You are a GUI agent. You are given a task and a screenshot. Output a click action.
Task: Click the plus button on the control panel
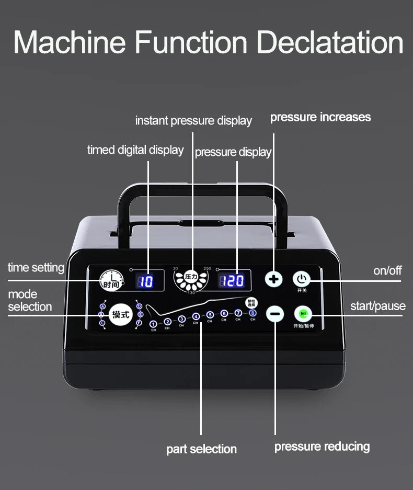point(273,279)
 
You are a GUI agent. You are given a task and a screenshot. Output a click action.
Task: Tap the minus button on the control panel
point(275,314)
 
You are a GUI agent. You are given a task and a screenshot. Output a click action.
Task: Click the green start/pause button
point(302,314)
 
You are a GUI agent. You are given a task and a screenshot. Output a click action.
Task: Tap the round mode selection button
point(120,315)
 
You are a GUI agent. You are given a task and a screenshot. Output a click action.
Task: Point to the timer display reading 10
point(146,281)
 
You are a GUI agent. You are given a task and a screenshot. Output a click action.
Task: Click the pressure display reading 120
point(232,281)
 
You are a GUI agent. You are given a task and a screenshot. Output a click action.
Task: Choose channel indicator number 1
point(153,324)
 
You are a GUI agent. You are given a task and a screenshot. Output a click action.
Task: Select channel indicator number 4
point(196,316)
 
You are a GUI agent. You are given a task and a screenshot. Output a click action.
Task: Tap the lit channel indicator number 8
point(253,313)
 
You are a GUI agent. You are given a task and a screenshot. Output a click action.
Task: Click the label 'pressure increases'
point(320,117)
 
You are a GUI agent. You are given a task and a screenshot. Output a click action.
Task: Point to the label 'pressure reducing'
point(322,447)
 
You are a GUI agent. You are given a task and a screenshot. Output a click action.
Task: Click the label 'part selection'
point(201,449)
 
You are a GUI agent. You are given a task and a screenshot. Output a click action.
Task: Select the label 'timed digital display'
point(135,150)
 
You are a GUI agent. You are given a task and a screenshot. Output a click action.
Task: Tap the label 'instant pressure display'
point(193,121)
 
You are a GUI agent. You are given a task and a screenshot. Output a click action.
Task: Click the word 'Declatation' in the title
point(330,43)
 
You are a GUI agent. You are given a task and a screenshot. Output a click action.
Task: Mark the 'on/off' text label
point(387,270)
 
